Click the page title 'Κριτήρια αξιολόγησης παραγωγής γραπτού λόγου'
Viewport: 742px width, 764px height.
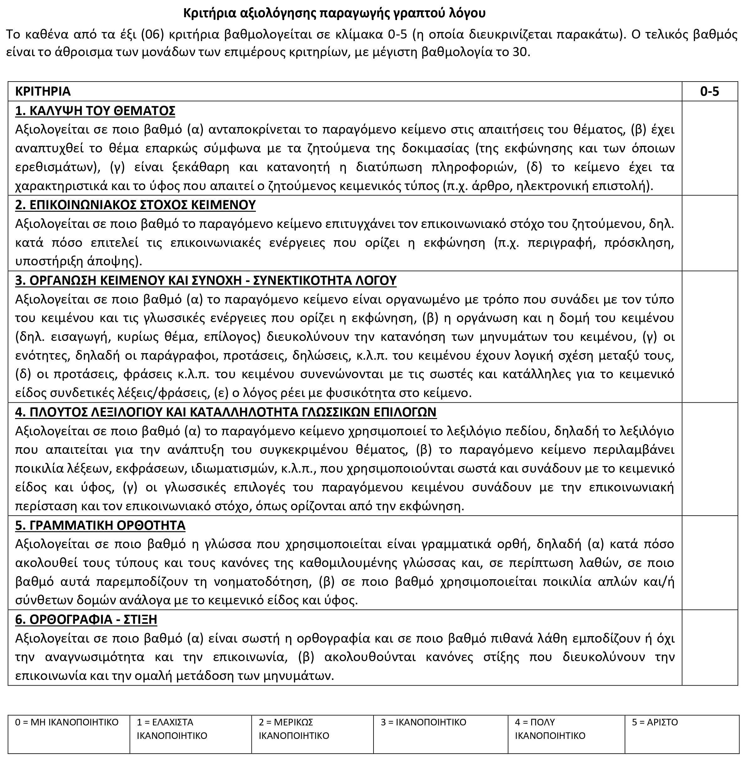point(334,14)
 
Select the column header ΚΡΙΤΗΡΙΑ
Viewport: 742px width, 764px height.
point(43,91)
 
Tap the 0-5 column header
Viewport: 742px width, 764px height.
point(709,91)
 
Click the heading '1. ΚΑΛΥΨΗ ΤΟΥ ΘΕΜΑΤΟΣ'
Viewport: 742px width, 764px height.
point(95,111)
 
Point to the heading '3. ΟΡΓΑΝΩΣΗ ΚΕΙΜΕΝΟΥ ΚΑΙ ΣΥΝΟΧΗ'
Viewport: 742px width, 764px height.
point(205,280)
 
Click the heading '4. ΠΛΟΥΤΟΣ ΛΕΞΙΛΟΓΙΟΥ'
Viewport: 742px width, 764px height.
point(225,412)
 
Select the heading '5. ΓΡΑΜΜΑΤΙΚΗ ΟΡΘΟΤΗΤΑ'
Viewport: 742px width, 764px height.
point(100,525)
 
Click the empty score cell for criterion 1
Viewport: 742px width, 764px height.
point(709,148)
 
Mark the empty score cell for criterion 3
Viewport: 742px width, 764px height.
point(709,337)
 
